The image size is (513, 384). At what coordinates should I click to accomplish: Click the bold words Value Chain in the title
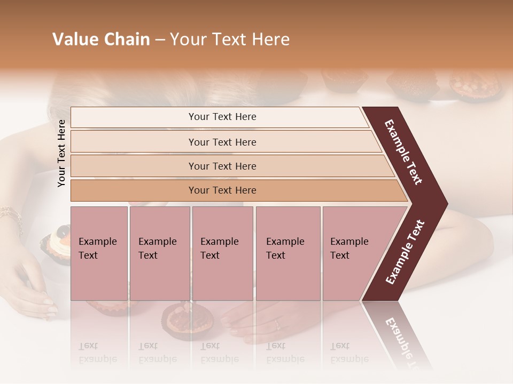pyautogui.click(x=101, y=39)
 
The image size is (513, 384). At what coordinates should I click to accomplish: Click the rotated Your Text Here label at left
pyautogui.click(x=61, y=154)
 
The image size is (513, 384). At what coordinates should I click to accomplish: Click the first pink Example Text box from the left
pyautogui.click(x=99, y=253)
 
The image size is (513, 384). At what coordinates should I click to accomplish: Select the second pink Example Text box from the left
pyautogui.click(x=159, y=253)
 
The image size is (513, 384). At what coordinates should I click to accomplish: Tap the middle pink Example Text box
pyautogui.click(x=222, y=253)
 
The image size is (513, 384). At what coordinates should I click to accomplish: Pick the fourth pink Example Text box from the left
pyautogui.click(x=287, y=253)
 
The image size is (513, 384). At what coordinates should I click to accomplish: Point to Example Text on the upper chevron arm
pyautogui.click(x=403, y=152)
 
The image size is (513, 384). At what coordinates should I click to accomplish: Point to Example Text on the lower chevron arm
pyautogui.click(x=405, y=252)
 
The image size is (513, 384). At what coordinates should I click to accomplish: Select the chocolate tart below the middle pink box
pyautogui.click(x=179, y=319)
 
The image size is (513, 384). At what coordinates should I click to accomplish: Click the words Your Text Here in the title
pyautogui.click(x=230, y=39)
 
